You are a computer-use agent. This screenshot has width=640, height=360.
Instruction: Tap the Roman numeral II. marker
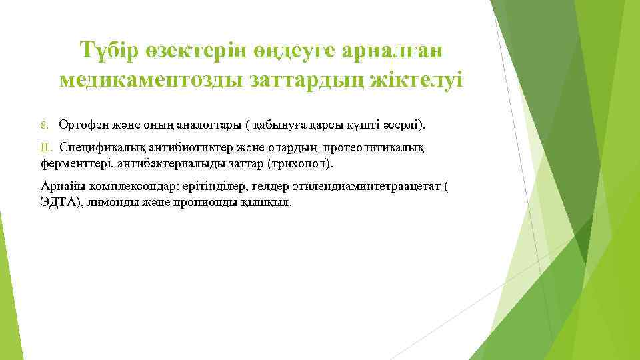pos(46,147)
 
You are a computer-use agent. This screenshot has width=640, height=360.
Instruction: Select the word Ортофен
pos(81,125)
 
